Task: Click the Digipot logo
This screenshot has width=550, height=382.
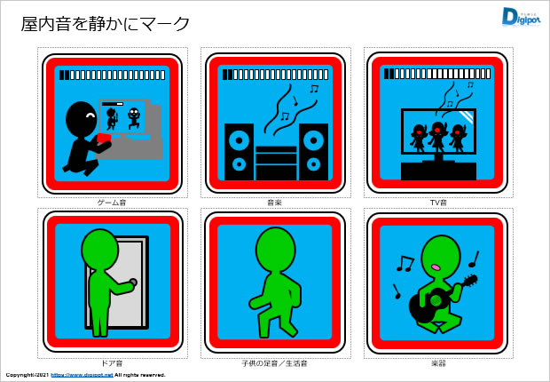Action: [522, 17]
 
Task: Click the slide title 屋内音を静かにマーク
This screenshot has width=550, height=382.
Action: [106, 24]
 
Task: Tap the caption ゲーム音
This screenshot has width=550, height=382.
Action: [112, 203]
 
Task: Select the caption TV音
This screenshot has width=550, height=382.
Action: [438, 203]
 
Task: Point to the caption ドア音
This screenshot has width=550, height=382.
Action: [112, 363]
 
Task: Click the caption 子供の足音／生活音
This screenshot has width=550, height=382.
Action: [275, 363]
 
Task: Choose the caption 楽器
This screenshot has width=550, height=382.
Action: [438, 363]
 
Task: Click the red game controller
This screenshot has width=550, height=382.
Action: [104, 138]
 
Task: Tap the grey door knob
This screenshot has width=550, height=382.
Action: [133, 282]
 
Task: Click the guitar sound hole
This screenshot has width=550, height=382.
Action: [436, 300]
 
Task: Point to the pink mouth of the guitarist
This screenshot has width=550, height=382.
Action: [436, 267]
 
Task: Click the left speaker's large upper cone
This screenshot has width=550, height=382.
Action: [239, 140]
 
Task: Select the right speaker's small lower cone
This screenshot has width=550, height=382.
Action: [313, 164]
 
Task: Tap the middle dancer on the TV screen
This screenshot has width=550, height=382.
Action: [436, 136]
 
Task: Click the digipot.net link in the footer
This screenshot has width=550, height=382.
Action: [82, 375]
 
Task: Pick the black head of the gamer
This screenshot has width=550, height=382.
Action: [82, 118]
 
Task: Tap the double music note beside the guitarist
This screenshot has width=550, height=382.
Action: [405, 264]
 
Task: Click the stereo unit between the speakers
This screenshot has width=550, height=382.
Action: [276, 163]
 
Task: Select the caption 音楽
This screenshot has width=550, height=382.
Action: [275, 203]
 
